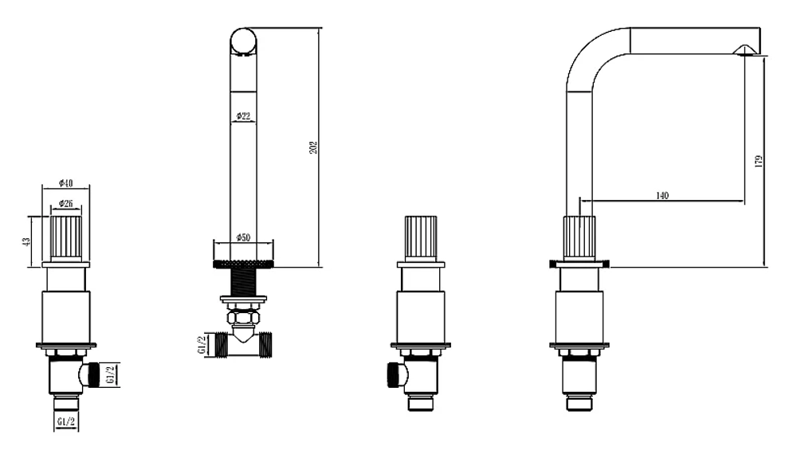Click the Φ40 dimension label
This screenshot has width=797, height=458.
tap(65, 182)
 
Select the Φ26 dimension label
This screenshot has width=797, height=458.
tap(66, 204)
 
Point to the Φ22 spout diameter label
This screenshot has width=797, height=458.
tap(243, 116)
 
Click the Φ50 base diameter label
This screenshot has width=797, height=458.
tap(243, 237)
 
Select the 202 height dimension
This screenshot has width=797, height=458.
tap(313, 148)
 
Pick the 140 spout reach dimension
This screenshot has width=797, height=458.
tap(662, 195)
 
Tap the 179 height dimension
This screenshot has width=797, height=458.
tap(759, 162)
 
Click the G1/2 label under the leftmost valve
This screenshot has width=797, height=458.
tap(66, 421)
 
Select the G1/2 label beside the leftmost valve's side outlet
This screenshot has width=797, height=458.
tap(112, 374)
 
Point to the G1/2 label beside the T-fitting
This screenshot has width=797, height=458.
tap(202, 345)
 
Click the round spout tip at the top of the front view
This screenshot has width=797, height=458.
tap(243, 41)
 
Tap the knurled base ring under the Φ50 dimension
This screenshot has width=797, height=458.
tap(243, 264)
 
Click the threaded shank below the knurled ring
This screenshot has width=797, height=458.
tap(243, 282)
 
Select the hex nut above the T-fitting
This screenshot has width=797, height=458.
tap(243, 318)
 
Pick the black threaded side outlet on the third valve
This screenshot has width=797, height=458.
tap(393, 374)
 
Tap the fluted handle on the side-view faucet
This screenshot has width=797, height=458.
tap(579, 239)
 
